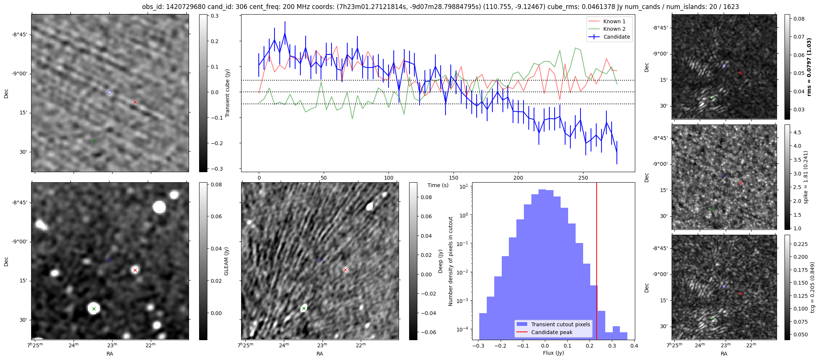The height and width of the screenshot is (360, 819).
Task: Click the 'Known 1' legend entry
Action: point(614,21)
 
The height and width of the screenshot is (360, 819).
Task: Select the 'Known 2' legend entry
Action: point(614,29)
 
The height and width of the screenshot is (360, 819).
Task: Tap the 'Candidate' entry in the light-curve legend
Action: point(616,37)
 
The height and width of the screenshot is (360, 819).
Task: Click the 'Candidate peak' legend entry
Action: point(552,332)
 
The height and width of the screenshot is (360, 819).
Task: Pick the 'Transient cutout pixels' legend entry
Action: point(560,324)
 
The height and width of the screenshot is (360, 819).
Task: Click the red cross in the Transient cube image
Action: point(135,102)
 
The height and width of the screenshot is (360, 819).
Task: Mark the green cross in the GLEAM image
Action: point(94,309)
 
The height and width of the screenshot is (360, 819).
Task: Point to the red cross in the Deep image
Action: point(345,270)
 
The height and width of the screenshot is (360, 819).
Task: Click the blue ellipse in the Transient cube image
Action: point(110,92)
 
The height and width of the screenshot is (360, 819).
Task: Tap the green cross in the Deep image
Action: point(304,308)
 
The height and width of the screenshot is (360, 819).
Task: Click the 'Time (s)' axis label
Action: point(438,185)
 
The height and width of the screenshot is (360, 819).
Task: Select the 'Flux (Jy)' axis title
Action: point(553,353)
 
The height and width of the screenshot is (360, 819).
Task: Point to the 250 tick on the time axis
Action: point(583,178)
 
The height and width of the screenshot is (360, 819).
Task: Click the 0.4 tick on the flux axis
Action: point(634,346)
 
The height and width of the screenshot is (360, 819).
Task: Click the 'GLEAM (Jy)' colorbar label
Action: point(226,261)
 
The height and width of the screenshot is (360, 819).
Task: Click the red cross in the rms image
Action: point(741,73)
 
